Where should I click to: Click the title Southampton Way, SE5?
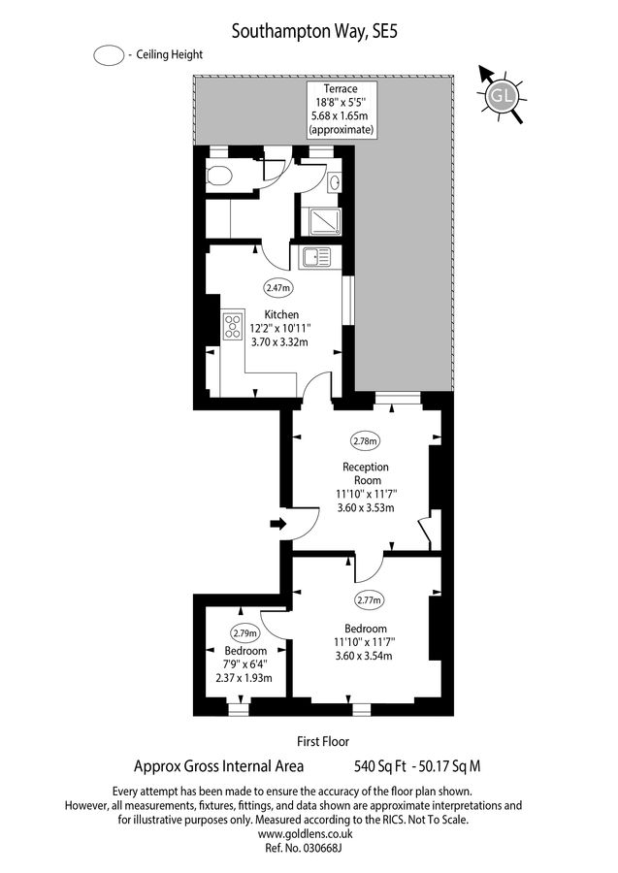[314, 31]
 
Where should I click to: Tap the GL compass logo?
[502, 94]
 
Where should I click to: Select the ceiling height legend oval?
[109, 55]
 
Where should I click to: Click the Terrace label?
[341, 87]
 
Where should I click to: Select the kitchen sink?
[315, 257]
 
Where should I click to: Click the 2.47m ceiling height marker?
[278, 287]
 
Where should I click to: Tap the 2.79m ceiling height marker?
[246, 633]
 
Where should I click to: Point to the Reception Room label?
[366, 473]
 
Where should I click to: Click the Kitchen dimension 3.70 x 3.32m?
[278, 341]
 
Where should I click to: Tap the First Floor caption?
[322, 741]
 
